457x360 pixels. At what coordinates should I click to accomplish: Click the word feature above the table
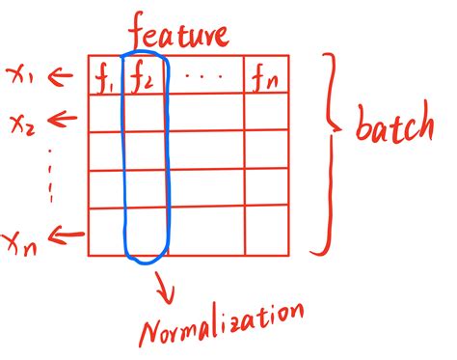point(179,34)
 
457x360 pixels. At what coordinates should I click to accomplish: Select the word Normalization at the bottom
point(224,324)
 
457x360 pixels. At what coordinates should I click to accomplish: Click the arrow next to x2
point(63,120)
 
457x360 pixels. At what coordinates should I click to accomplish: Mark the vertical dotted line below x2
point(49,179)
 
